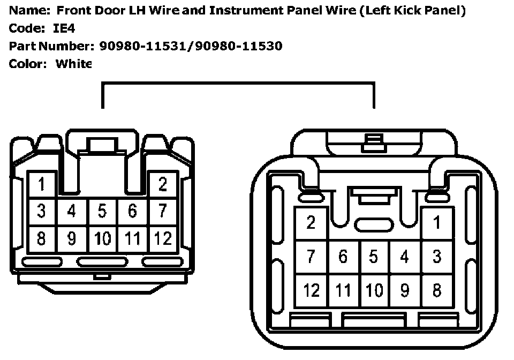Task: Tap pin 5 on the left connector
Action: click(x=102, y=212)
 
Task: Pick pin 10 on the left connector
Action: click(x=102, y=238)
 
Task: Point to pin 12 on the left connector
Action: click(x=163, y=238)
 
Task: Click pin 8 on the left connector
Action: click(x=41, y=238)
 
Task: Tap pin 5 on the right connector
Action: click(x=374, y=257)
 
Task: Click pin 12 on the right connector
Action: click(x=311, y=290)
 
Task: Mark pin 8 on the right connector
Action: click(x=437, y=290)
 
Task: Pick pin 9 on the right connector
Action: click(x=405, y=290)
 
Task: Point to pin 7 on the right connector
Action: click(x=311, y=257)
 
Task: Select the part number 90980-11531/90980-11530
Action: click(x=191, y=46)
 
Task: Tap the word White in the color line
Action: click(x=74, y=64)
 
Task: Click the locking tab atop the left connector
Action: click(x=102, y=145)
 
